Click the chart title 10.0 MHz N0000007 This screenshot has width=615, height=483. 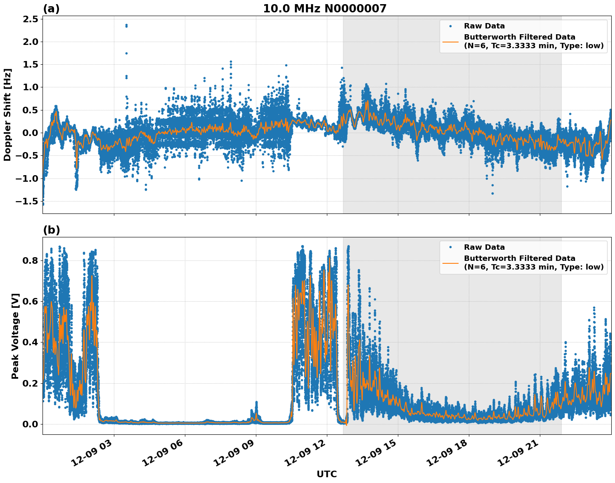coord(324,9)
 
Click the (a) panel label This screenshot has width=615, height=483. coord(51,9)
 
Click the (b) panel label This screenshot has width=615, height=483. coord(51,230)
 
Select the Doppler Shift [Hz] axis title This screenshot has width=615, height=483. coord(7,115)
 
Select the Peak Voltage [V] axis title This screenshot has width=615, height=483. coord(15,335)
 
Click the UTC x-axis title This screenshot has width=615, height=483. coord(326,474)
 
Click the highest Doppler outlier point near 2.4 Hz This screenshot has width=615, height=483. coord(126,25)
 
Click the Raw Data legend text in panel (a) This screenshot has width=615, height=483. coord(484,26)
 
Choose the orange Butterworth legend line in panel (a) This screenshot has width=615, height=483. coord(450,42)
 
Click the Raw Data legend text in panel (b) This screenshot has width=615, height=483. coord(484,247)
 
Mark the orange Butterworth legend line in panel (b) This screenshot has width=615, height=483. coord(450,263)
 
